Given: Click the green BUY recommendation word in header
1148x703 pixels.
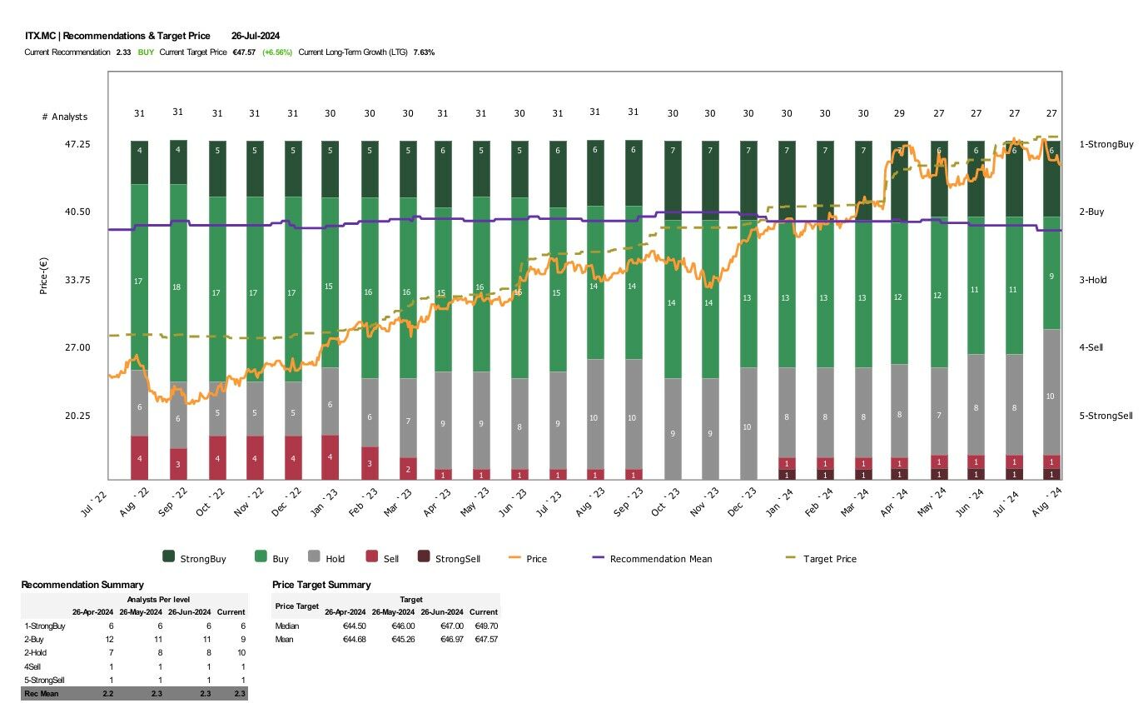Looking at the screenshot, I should pyautogui.click(x=146, y=52).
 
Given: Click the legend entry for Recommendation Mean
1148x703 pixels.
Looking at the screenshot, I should pyautogui.click(x=660, y=559).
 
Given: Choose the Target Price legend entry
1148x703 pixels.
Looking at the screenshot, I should pyautogui.click(x=829, y=559).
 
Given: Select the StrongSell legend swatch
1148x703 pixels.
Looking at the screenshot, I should pyautogui.click(x=423, y=559).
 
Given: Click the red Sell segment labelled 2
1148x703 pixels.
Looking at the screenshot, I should pyautogui.click(x=408, y=469).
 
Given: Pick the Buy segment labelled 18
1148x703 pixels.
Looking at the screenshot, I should pyautogui.click(x=177, y=287).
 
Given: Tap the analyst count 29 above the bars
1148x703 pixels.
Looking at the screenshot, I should pyautogui.click(x=899, y=112).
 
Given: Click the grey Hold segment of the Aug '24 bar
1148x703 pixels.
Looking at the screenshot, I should pyautogui.click(x=1051, y=396).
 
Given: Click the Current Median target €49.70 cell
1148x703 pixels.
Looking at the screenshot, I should pyautogui.click(x=483, y=626).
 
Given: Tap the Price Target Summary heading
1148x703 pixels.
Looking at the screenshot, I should pyautogui.click(x=321, y=585).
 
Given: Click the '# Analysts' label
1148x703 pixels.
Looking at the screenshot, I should pyautogui.click(x=64, y=117).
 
